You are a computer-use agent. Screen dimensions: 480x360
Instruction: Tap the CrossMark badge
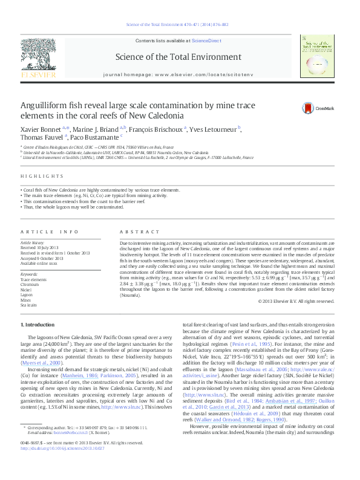pos(310,108)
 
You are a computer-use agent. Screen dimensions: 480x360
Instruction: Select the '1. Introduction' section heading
pos(38,325)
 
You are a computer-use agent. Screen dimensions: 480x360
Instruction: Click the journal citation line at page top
pos(179,25)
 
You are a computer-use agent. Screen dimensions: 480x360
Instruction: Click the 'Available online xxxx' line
pos(39,264)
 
